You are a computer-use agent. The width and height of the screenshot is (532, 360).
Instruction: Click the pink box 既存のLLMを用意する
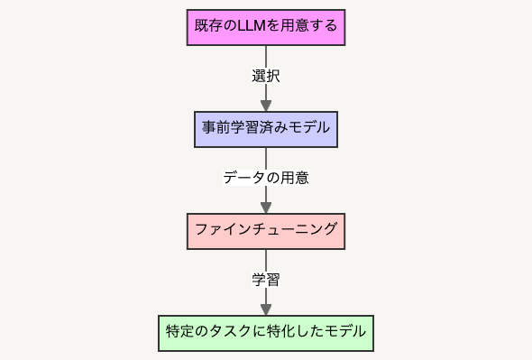[266, 27]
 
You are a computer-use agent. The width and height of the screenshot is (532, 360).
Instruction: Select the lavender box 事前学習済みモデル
[266, 129]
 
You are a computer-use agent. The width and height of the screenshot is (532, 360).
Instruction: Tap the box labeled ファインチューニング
[266, 231]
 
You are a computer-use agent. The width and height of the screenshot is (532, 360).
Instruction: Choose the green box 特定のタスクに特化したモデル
[266, 333]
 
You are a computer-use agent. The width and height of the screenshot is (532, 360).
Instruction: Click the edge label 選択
[266, 76]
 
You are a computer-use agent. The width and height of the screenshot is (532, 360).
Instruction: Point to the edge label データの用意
[266, 178]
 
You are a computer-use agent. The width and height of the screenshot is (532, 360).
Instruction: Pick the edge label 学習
[266, 280]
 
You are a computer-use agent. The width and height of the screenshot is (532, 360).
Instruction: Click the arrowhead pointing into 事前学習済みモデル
[266, 106]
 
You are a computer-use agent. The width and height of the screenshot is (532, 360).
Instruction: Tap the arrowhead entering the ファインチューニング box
[266, 208]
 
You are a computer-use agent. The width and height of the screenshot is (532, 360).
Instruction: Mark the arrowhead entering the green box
[266, 309]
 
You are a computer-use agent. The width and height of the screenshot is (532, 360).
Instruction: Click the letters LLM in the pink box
[252, 26]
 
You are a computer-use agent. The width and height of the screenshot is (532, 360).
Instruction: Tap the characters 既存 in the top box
[208, 26]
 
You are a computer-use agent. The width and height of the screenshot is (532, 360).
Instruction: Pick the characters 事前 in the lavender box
[216, 128]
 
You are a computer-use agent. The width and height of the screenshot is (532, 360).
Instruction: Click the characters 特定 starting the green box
[179, 331]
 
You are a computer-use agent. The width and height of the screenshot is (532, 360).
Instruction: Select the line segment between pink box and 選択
[266, 57]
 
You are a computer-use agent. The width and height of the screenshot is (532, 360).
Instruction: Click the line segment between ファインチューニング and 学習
[266, 261]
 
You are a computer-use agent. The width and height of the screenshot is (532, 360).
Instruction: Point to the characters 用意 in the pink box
[294, 26]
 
